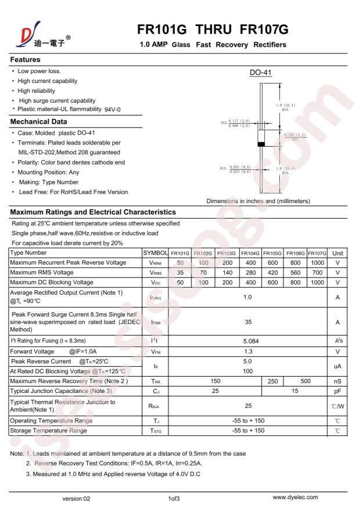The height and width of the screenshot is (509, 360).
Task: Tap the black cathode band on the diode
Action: point(261,144)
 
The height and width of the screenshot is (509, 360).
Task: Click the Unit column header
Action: point(338,253)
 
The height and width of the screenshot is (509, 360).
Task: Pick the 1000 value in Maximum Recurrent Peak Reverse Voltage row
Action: point(318,263)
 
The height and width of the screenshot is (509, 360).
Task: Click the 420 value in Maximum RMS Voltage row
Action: point(272,272)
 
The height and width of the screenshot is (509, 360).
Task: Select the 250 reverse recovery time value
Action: point(272,381)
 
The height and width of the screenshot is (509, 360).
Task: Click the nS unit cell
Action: point(338,381)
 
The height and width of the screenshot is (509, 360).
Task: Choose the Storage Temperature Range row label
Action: point(48,430)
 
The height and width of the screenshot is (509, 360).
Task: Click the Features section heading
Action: point(26,60)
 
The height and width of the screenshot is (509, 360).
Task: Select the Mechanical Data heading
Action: point(39,122)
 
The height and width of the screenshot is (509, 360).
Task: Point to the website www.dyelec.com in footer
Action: point(295,497)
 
